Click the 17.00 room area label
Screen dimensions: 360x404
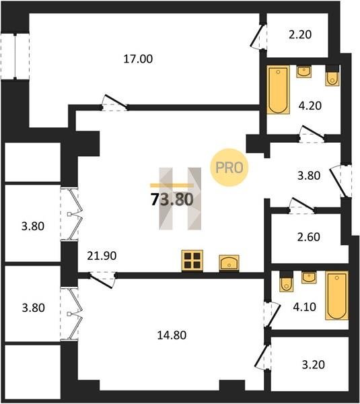pyautogui.click(x=138, y=59)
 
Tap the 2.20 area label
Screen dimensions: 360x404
pyautogui.click(x=300, y=34)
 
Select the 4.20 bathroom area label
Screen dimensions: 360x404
pyautogui.click(x=310, y=106)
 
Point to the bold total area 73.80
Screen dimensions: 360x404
pyautogui.click(x=172, y=199)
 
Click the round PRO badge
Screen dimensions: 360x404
pyautogui.click(x=229, y=168)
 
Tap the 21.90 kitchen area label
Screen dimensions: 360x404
pyautogui.click(x=102, y=256)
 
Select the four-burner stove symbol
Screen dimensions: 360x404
pyautogui.click(x=192, y=261)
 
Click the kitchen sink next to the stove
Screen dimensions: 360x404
pyautogui.click(x=229, y=263)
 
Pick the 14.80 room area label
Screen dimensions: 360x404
pyautogui.click(x=172, y=335)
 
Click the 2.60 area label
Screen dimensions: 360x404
pyautogui.click(x=308, y=237)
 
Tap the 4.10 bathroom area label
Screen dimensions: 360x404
pyautogui.click(x=304, y=307)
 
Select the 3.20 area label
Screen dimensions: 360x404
pyautogui.click(x=313, y=364)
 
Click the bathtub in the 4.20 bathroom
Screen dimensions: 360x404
pyautogui.click(x=278, y=90)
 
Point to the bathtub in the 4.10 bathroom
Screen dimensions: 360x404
pyautogui.click(x=336, y=296)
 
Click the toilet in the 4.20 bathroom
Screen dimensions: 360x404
pyautogui.click(x=332, y=75)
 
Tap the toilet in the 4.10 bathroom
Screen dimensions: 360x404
pyautogui.click(x=287, y=281)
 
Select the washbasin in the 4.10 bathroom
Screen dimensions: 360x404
pyautogui.click(x=309, y=277)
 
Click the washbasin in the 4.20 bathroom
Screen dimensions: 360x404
pyautogui.click(x=304, y=71)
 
